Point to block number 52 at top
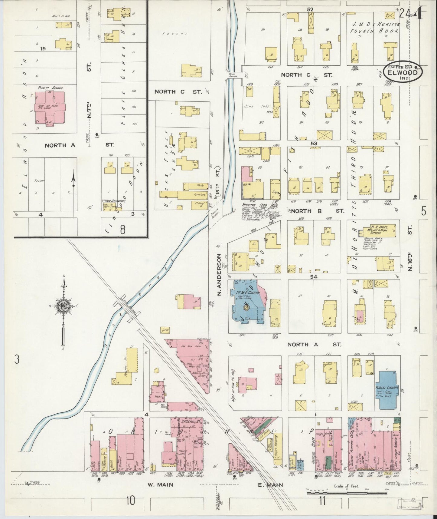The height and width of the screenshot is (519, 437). tap(310, 9)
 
